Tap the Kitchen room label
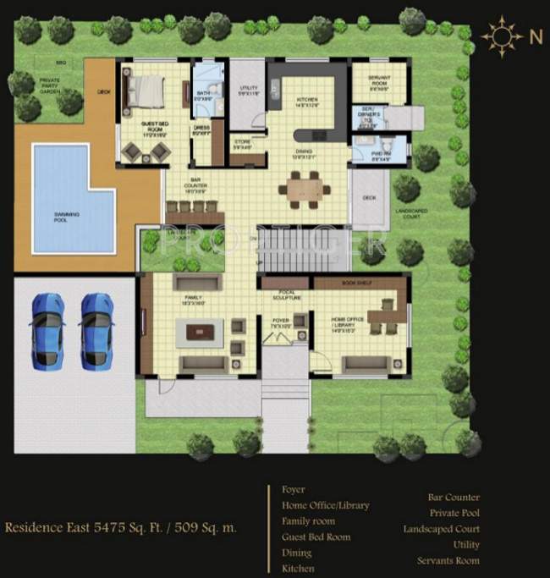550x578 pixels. (305, 102)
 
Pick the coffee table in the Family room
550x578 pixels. (201, 332)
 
